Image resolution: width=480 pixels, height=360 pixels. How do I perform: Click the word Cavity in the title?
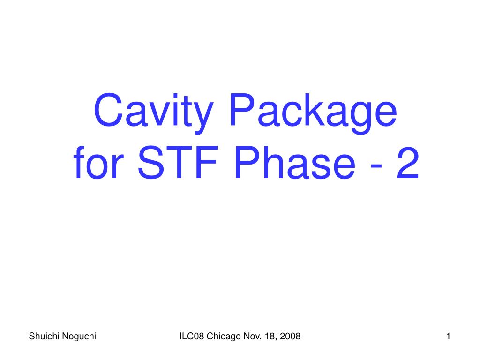(153, 112)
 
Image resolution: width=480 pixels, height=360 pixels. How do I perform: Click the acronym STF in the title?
(179, 162)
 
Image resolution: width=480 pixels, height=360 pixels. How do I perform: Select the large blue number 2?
(408, 162)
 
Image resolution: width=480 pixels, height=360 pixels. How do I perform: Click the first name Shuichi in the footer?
(44, 336)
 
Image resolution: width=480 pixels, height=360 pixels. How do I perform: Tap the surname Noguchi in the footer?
(79, 337)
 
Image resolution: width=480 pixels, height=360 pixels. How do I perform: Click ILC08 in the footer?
(192, 336)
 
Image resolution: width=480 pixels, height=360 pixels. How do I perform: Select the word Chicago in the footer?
(224, 337)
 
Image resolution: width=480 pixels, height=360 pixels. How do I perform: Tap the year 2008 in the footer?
(290, 336)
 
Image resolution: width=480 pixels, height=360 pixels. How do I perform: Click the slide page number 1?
(448, 336)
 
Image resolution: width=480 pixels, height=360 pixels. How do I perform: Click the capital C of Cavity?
(109, 110)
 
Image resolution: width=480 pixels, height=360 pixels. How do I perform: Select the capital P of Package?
(242, 110)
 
